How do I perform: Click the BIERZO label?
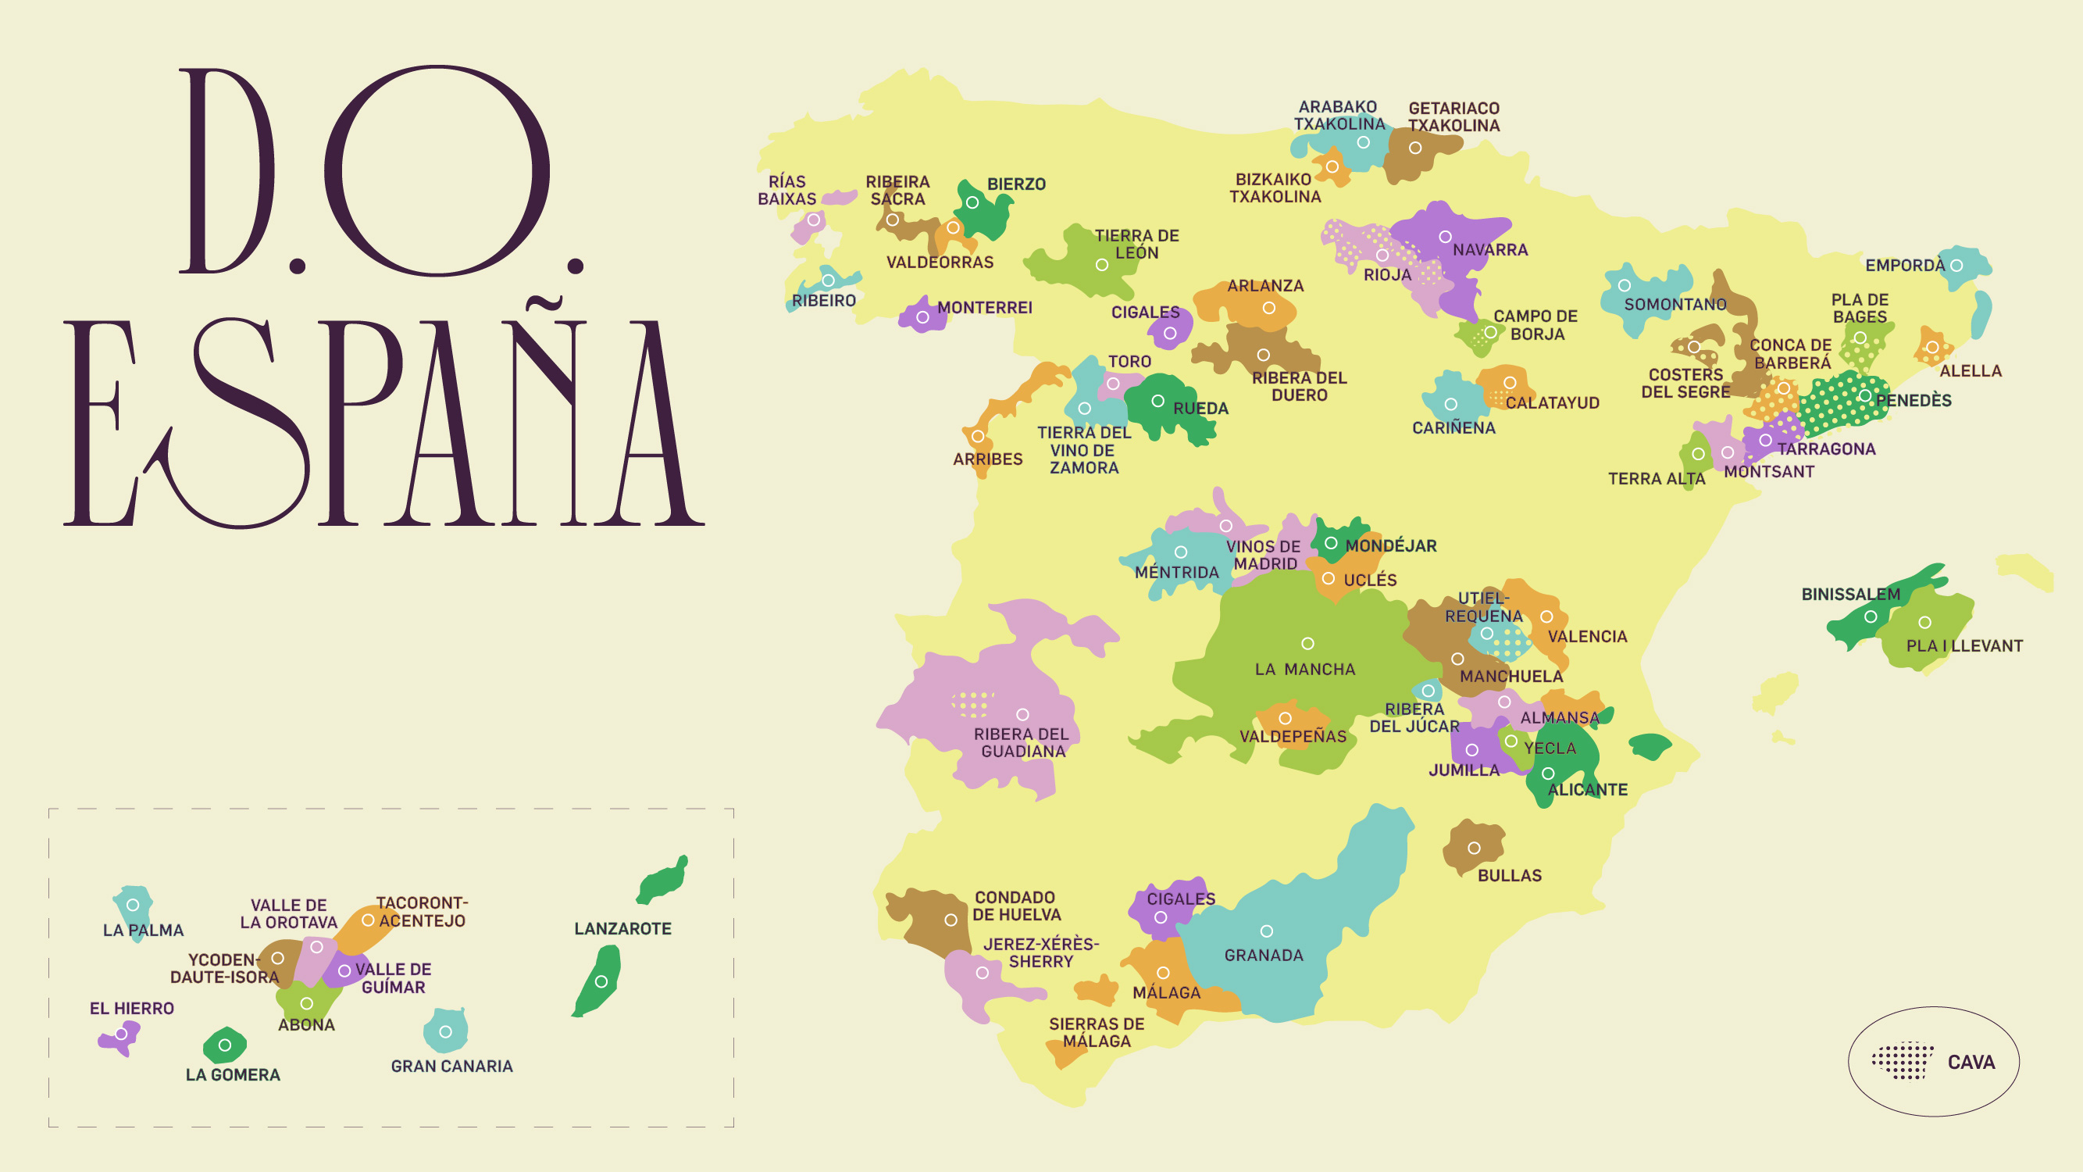pyautogui.click(x=1015, y=184)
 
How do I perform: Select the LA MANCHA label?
pyautogui.click(x=1304, y=670)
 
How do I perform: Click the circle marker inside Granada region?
pyautogui.click(x=1266, y=931)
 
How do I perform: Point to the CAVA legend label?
pyautogui.click(x=1971, y=1062)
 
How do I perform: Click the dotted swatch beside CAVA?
pyautogui.click(x=1902, y=1060)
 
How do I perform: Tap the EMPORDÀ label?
pyautogui.click(x=1904, y=266)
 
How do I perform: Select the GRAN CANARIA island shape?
pyautogui.click(x=445, y=1031)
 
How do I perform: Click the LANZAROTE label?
pyautogui.click(x=622, y=928)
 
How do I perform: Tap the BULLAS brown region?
pyautogui.click(x=1473, y=847)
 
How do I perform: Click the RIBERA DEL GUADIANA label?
pyautogui.click(x=1022, y=742)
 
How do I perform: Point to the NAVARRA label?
pyautogui.click(x=1489, y=250)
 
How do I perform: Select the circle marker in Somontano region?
pyautogui.click(x=1624, y=285)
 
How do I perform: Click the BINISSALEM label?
pyautogui.click(x=1850, y=595)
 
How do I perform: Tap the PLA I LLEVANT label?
pyautogui.click(x=1964, y=646)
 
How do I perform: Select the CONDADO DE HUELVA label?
pyautogui.click(x=1015, y=906)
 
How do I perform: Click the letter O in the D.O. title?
pyautogui.click(x=437, y=170)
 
